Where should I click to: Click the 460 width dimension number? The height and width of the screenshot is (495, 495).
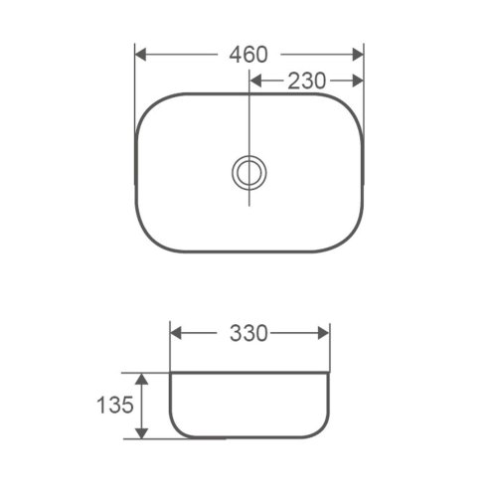(x=248, y=55)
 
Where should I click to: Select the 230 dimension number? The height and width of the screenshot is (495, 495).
(x=306, y=81)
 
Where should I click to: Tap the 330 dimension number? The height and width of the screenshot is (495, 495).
(x=248, y=333)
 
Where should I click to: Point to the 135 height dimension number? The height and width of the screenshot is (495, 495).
(x=115, y=405)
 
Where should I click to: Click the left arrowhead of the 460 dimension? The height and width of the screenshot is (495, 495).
(x=140, y=55)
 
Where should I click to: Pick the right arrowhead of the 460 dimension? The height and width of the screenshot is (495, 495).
(x=358, y=55)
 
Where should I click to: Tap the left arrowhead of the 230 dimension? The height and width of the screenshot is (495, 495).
(x=255, y=81)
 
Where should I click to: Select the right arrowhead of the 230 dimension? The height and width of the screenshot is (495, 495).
(x=358, y=81)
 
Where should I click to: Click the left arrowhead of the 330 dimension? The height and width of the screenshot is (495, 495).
(x=176, y=333)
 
